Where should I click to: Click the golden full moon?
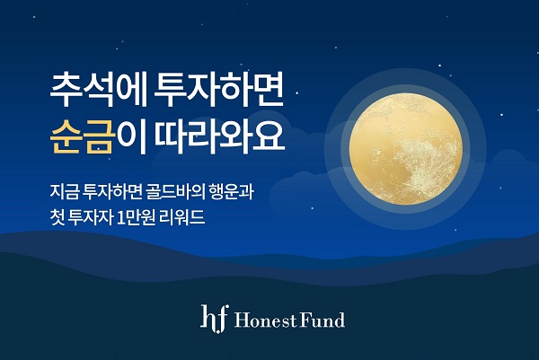[407, 138]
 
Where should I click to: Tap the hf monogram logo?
[210, 317]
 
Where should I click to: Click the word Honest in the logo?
[261, 320]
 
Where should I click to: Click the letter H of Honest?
[237, 320]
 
